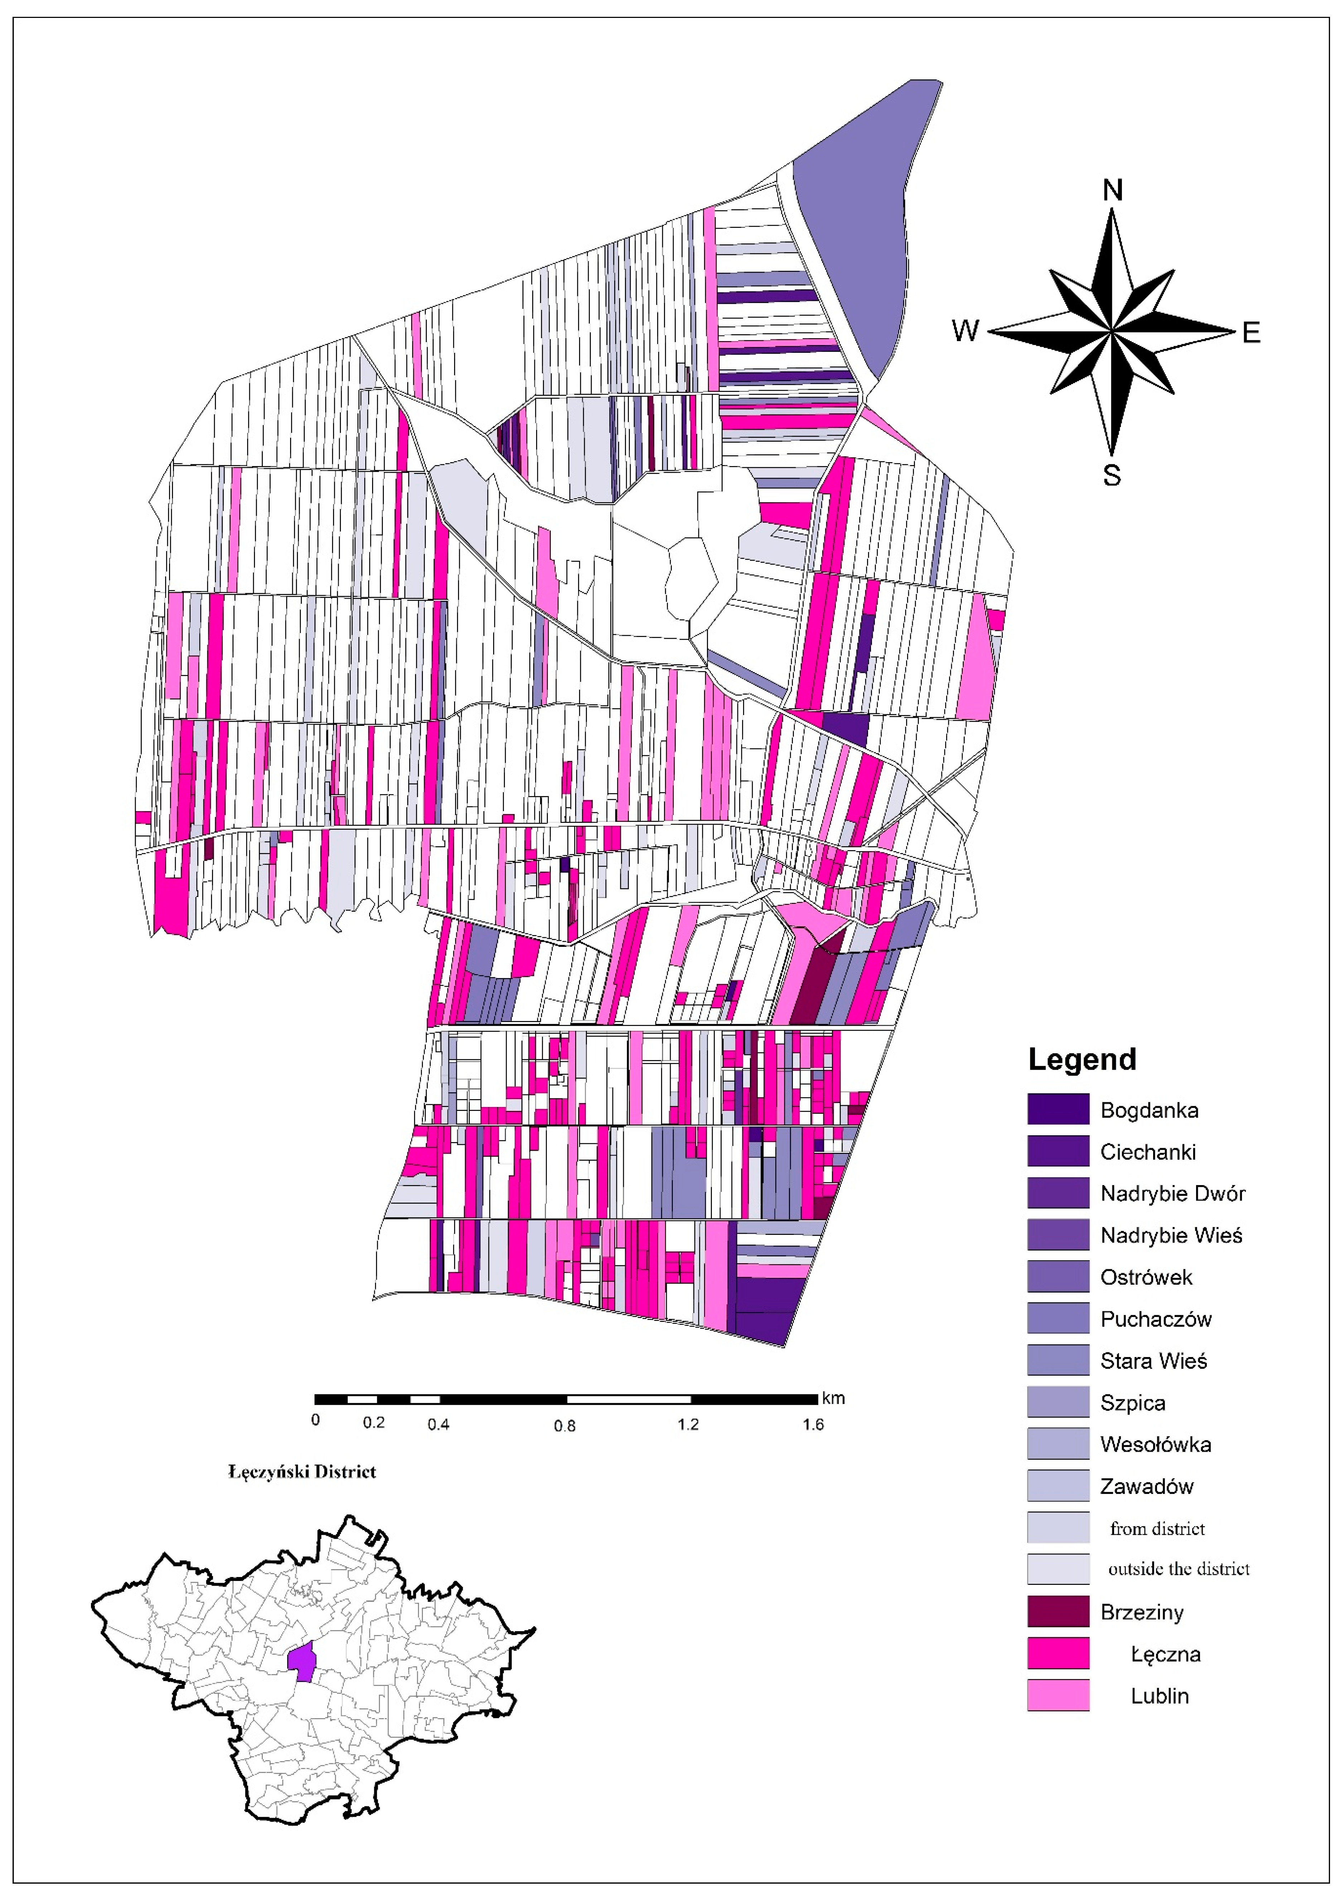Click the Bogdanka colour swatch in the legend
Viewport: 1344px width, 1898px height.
coord(1058,1109)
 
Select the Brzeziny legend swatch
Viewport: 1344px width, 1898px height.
coord(1058,1612)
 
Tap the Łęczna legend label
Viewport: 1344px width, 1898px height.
coord(1165,1654)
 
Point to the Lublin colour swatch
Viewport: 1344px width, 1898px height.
coord(1058,1695)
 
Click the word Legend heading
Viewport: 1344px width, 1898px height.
coord(1082,1059)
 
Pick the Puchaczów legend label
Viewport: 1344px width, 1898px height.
coord(1155,1319)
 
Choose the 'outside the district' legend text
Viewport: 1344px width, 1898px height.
coord(1179,1568)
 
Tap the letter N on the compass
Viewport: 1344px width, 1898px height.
coord(1112,190)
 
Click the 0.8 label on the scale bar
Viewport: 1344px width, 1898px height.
coord(564,1425)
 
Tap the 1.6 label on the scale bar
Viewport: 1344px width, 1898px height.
coord(813,1424)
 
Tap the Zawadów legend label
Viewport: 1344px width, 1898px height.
coord(1146,1487)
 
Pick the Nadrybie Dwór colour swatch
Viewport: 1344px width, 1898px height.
coord(1058,1193)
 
